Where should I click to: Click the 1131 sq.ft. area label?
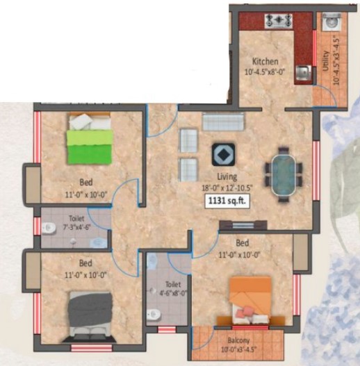click(x=227, y=201)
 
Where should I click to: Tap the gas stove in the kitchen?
click(x=279, y=21)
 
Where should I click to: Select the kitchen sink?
click(x=303, y=73)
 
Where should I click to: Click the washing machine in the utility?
click(x=332, y=22)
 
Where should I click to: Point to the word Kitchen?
click(x=265, y=62)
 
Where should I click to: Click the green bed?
click(x=90, y=139)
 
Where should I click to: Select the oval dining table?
click(x=284, y=175)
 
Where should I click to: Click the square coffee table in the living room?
click(x=223, y=154)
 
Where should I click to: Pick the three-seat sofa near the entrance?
click(x=223, y=121)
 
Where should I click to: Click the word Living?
click(x=227, y=176)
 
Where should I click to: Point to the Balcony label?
click(x=238, y=340)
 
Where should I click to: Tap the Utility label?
click(x=325, y=60)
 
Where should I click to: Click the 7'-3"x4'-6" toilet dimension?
click(x=77, y=227)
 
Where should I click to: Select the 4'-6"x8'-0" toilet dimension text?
click(x=173, y=292)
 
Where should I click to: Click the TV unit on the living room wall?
click(x=243, y=225)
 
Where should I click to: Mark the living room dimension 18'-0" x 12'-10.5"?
click(x=227, y=188)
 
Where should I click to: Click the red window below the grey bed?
click(x=92, y=348)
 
